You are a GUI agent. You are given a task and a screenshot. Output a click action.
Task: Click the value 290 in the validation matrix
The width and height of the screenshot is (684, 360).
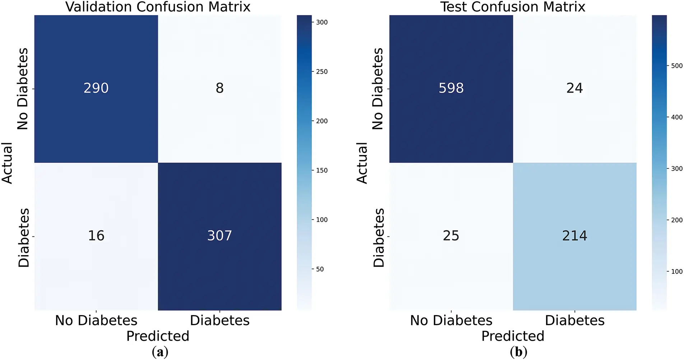coord(96,88)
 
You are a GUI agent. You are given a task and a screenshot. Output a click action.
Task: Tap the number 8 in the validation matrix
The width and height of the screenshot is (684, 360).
coord(219,88)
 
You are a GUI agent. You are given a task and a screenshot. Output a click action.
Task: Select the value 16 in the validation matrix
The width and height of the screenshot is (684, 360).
coord(96,236)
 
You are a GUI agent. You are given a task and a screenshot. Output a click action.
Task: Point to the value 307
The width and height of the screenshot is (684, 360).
coord(219,236)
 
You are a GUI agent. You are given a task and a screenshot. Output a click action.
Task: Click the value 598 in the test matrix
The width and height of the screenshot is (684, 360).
coord(451,88)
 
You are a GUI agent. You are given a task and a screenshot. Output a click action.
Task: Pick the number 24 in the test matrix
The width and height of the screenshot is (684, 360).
coord(574,88)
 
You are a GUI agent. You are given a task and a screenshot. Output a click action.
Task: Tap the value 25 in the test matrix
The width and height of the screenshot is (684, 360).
coord(451,236)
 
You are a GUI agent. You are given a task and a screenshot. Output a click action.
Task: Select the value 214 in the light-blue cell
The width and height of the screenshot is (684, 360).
coord(574,236)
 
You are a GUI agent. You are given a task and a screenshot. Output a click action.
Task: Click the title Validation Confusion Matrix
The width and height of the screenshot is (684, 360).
coord(158,7)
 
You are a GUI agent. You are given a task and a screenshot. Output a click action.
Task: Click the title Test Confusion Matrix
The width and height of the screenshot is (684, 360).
coord(513,7)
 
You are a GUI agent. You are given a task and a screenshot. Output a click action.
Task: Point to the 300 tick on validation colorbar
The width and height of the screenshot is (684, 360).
coord(322,22)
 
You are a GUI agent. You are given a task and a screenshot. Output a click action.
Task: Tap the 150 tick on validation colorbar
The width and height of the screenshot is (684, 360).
coord(322,170)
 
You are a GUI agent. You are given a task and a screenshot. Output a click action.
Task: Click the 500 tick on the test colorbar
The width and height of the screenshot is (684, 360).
coord(677,66)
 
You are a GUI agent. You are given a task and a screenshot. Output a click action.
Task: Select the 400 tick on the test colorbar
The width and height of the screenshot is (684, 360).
coord(677,117)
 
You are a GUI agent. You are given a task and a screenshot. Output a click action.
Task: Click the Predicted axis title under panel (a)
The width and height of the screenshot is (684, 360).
coord(158,336)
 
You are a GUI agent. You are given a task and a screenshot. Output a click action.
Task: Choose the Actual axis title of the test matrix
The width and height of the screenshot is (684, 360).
coord(362,163)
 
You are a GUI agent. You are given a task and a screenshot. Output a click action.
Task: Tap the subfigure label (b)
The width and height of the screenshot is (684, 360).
coord(518,352)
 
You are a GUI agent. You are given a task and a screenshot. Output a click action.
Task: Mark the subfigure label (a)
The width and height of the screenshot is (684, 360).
coord(160,352)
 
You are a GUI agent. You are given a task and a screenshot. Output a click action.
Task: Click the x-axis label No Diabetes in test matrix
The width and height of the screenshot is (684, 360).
coord(451,320)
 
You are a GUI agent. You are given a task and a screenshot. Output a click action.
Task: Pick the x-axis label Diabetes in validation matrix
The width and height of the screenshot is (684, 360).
coord(219,320)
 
